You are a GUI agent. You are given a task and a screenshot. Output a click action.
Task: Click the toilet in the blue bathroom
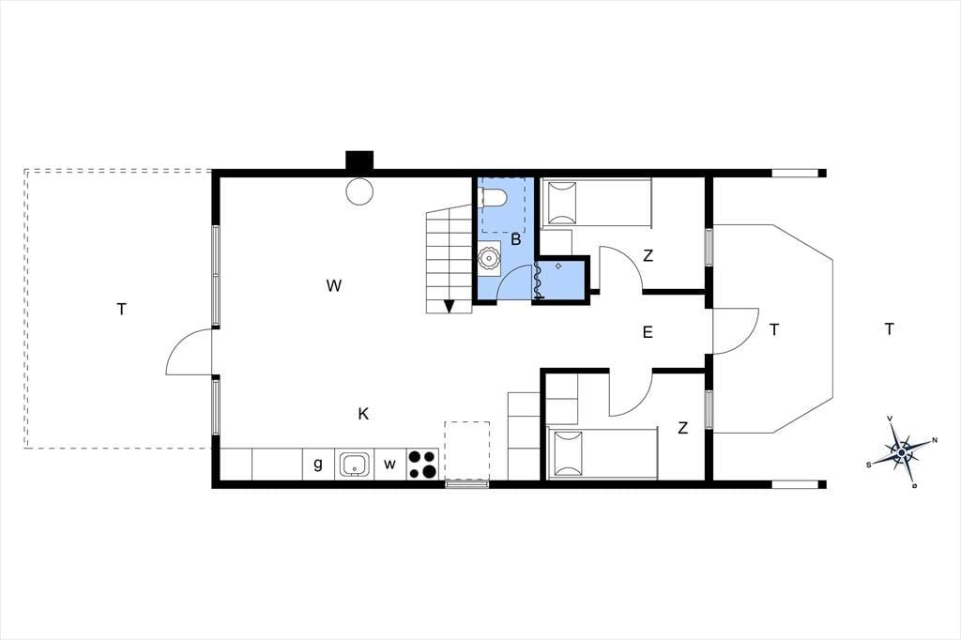pos(494,197)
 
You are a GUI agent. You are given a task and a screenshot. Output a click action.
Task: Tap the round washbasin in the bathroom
pos(489,258)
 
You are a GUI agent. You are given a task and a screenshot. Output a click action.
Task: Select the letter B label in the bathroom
pos(516,239)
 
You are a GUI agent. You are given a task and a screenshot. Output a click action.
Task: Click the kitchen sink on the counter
pos(355,465)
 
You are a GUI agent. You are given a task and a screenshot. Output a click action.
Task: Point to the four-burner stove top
pos(422,465)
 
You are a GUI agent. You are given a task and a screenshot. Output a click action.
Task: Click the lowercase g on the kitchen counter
pos(318,465)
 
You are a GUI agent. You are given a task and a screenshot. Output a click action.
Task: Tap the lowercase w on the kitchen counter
pos(389,465)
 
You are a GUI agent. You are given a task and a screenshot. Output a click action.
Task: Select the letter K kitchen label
pos(363,415)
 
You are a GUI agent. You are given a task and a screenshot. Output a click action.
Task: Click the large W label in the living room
pos(334,285)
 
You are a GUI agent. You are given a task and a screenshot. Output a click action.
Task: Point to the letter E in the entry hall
pos(648,332)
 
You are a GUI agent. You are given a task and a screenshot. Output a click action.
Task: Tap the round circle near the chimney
pos(359,191)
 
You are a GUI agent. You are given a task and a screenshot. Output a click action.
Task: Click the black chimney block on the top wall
pos(359,160)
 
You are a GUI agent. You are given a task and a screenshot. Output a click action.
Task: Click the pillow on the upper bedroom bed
pos(562,203)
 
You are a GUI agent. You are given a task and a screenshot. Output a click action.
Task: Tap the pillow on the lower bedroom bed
pos(567,453)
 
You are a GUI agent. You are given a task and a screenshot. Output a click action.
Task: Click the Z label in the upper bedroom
pos(648,255)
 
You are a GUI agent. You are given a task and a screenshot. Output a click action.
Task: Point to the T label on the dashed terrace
pos(121,310)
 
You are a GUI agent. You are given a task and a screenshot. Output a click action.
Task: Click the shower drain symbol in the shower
pos(558,267)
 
